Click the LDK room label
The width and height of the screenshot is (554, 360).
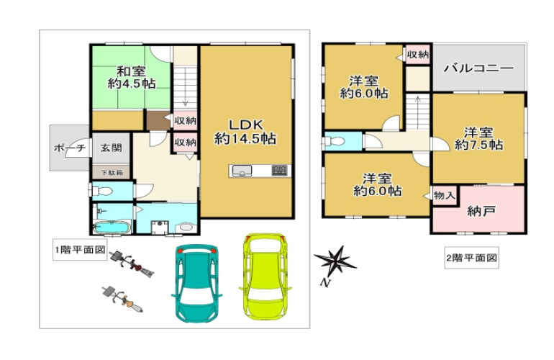point(245,132)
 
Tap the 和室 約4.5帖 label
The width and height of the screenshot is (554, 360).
point(131,78)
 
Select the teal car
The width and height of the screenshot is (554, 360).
point(196,283)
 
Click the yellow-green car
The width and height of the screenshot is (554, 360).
point(265,276)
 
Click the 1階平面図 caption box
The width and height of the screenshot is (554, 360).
point(80,250)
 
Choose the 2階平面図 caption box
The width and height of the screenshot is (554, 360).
point(471,258)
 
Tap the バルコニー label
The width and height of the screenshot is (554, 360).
point(478,68)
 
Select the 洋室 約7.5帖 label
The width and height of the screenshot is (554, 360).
point(478,139)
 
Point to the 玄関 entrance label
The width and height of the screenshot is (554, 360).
point(111,148)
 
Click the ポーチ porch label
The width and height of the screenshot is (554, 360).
point(70,148)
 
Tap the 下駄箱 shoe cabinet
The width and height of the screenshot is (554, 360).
point(112,173)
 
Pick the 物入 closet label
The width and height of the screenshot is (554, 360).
point(444,195)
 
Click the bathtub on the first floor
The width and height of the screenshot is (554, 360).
point(112,227)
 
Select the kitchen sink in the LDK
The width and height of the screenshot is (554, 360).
point(242,171)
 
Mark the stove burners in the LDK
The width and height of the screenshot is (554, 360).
point(279,171)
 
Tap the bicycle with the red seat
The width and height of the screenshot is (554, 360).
point(132,264)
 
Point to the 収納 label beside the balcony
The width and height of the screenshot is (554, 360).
point(417,55)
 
